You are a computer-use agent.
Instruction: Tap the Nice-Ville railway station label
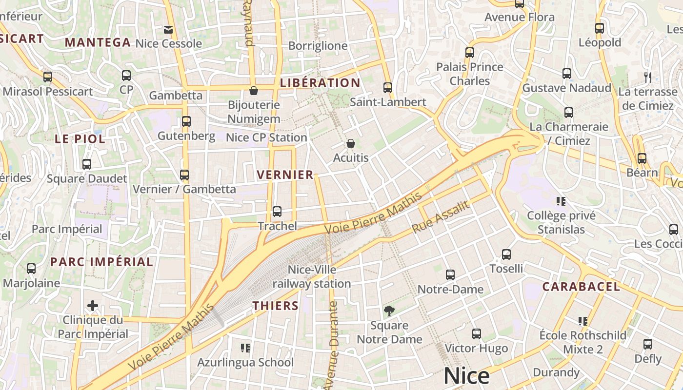(x=312, y=276)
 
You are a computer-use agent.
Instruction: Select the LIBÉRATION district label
(x=320, y=83)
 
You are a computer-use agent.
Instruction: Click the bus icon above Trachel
(x=277, y=212)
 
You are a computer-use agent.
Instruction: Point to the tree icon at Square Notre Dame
(x=389, y=311)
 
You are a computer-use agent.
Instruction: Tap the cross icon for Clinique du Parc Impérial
(x=93, y=306)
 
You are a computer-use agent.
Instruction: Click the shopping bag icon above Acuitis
(x=350, y=143)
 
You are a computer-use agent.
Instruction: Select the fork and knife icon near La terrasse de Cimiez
(x=648, y=77)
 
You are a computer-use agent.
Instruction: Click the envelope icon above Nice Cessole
(x=168, y=30)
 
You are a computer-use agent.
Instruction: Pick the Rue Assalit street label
(x=441, y=216)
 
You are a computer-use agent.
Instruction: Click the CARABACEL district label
(x=581, y=287)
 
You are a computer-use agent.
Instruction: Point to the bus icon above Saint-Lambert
(x=388, y=88)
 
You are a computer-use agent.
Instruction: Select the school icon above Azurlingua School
(x=245, y=348)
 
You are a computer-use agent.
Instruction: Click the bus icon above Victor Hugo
(x=477, y=334)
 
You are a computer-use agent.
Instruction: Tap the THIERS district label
(x=275, y=306)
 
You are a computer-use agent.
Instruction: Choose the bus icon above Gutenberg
(x=186, y=121)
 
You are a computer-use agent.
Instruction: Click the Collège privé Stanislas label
(x=561, y=222)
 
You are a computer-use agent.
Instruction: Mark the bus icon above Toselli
(x=506, y=254)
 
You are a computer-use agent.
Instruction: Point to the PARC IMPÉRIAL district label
(x=101, y=262)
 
